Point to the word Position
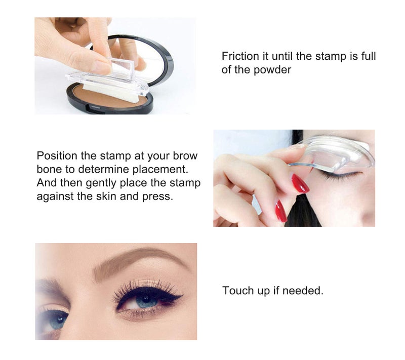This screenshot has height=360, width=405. click(x=55, y=155)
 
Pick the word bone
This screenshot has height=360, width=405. click(x=49, y=169)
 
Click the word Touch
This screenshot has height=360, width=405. click(x=237, y=291)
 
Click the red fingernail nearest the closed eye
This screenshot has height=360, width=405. click(x=300, y=183)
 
